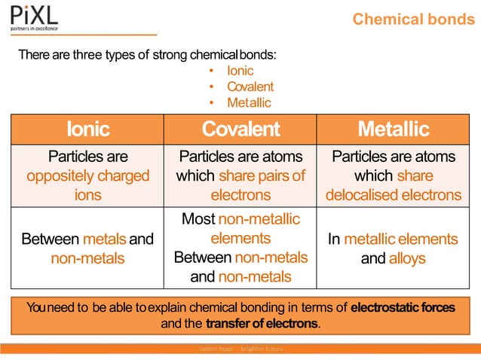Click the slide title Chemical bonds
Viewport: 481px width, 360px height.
413,19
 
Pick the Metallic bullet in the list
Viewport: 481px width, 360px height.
249,102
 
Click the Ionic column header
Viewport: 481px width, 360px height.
87,130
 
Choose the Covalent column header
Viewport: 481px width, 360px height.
240,130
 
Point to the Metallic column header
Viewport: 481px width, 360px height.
393,130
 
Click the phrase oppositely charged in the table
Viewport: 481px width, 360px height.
87,175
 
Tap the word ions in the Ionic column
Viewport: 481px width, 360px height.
87,194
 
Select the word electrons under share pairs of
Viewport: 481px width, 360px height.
240,194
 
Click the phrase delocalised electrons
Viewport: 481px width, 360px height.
393,194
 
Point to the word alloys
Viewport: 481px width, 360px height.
407,258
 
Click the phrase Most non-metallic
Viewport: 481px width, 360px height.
240,219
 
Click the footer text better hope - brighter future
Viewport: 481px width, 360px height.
240,349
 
